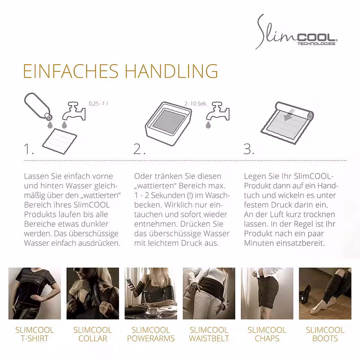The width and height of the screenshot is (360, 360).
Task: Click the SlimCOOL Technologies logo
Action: tap(296, 32)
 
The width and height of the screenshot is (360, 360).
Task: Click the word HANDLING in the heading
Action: tap(171, 71)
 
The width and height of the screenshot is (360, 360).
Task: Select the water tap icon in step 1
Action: tap(74, 111)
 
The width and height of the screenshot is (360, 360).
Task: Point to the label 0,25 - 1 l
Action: tap(98, 103)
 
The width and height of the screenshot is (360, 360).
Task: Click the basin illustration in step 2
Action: tap(169, 123)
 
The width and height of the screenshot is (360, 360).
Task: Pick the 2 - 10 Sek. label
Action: tap(196, 104)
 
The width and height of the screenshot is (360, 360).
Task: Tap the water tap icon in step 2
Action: tap(218, 111)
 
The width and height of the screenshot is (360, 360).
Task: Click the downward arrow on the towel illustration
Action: tap(288, 115)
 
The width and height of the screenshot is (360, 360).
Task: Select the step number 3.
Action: tap(249, 149)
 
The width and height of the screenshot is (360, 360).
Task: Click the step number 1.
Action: tap(29, 149)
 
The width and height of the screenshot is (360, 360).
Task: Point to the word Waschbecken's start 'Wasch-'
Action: tap(217, 195)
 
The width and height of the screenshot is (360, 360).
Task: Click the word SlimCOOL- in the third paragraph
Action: tap(314, 176)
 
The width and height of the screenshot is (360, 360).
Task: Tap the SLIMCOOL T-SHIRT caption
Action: tap(35, 334)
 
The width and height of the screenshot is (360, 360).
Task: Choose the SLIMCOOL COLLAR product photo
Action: tap(93, 294)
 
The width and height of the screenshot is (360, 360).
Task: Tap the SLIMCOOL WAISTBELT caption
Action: tap(209, 334)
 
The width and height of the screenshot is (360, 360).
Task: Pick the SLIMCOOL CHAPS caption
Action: tap(267, 334)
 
